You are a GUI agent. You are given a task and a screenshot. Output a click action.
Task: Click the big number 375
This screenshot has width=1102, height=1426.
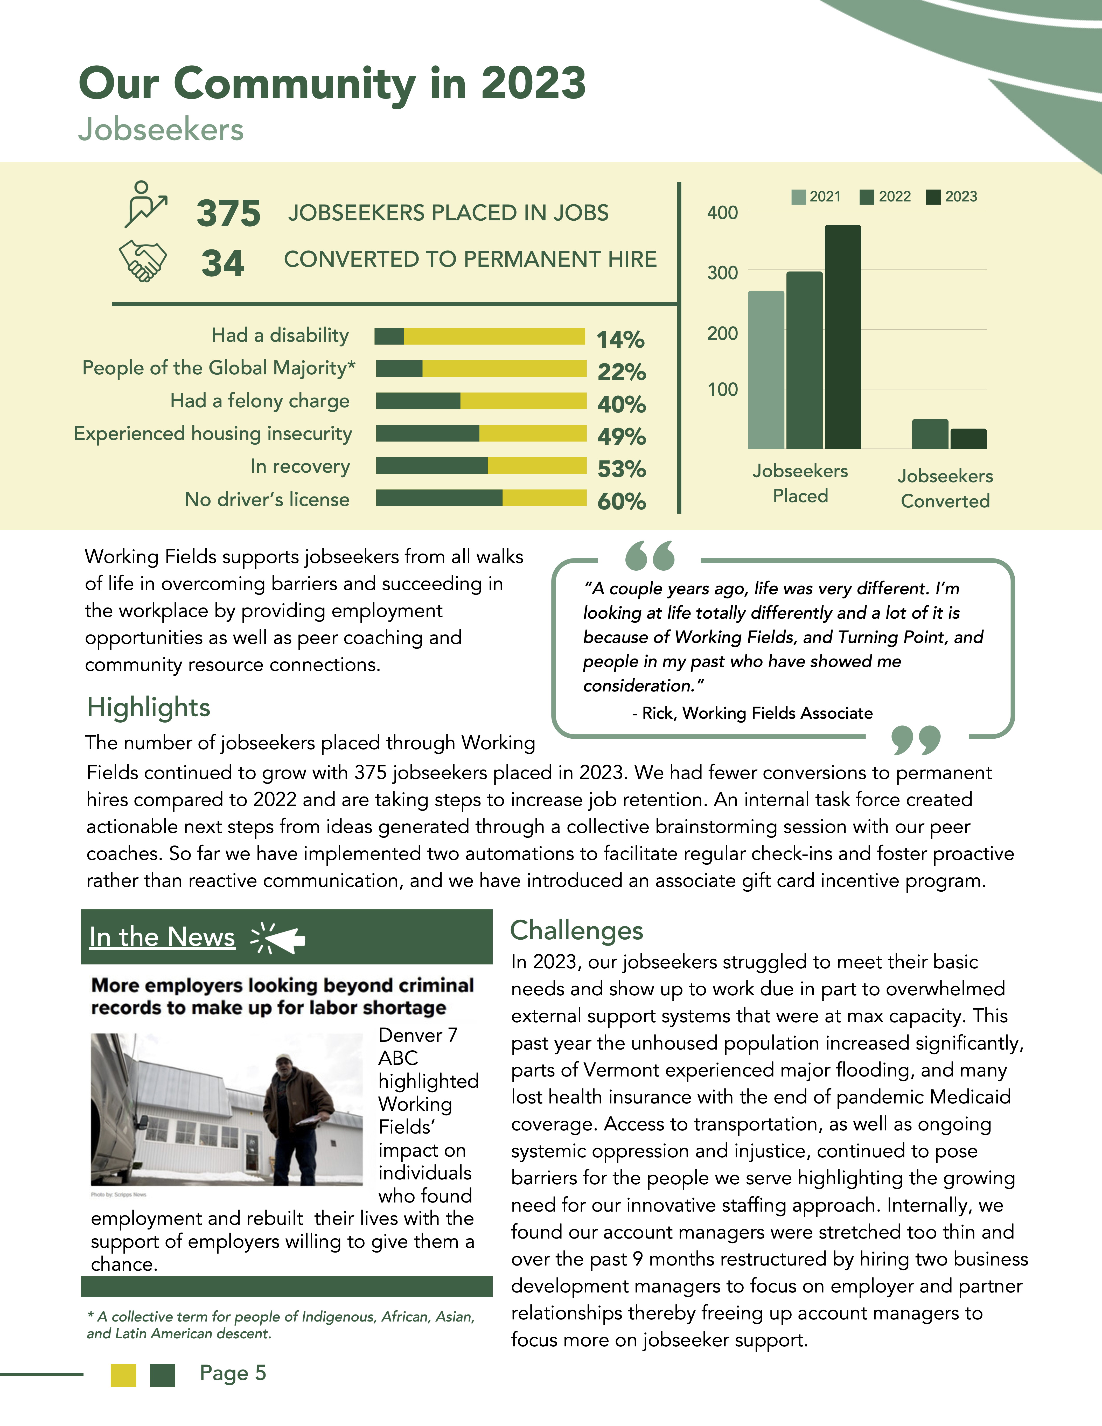228,213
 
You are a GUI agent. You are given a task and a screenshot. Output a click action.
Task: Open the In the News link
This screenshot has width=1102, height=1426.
162,937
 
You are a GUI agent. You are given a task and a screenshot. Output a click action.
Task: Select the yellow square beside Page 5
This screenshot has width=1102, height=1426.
123,1375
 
